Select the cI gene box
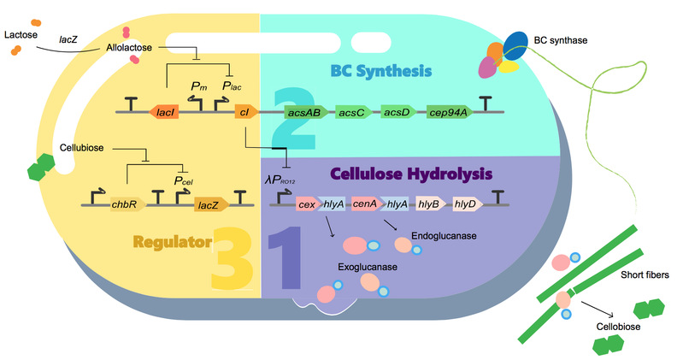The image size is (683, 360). pyautogui.click(x=242, y=112)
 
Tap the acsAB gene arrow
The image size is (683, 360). pyautogui.click(x=306, y=112)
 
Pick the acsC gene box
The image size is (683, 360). pyautogui.click(x=352, y=112)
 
